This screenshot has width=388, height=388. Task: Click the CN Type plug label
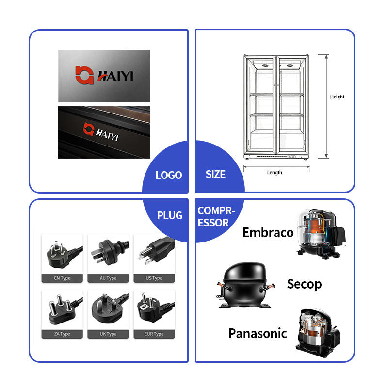coord(62,278)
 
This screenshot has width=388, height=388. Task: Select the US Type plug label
coord(154,278)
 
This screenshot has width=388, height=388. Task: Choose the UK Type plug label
coord(108,334)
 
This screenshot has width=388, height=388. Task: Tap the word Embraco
coord(268,233)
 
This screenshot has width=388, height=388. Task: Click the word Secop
coord(305,284)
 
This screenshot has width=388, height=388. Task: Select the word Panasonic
coord(258,333)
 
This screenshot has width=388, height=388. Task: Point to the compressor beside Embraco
coord(321,234)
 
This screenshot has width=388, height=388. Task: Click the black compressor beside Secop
coord(245,285)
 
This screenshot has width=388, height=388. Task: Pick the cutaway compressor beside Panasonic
coord(318,333)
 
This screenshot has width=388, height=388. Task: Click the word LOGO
coord(169,175)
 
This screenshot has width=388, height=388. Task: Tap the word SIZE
coord(215,175)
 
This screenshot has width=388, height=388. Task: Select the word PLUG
coord(170,215)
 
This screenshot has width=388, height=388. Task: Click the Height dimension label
coord(337,97)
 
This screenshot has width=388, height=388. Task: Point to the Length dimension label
coord(275,173)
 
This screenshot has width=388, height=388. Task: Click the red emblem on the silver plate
coord(84,75)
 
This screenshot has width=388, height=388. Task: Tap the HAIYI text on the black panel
coord(107,135)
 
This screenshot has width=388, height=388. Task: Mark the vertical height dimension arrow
coord(326,106)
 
